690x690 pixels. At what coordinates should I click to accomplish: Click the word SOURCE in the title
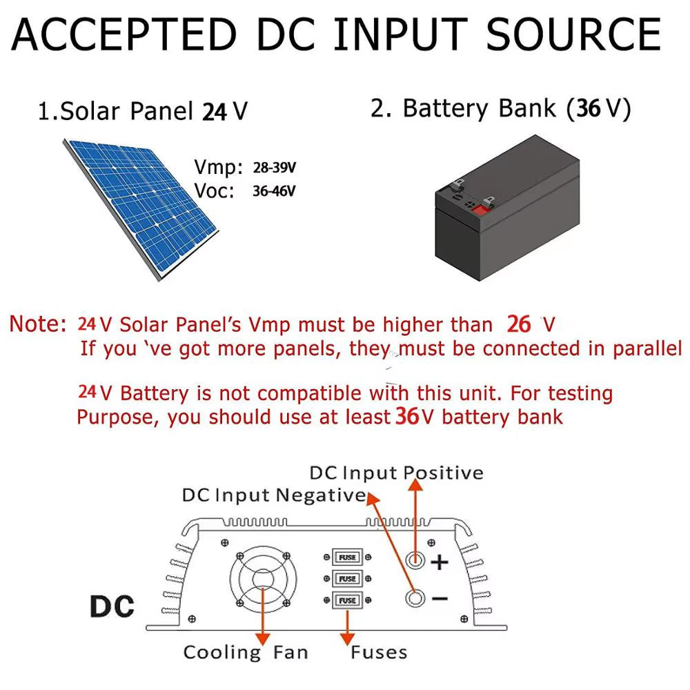[574, 34]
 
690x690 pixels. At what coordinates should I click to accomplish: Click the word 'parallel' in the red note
[647, 348]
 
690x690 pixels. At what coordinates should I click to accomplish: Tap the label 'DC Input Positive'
[396, 473]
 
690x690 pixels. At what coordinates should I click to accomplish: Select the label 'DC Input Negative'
[273, 495]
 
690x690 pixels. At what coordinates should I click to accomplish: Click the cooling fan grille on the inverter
[263, 580]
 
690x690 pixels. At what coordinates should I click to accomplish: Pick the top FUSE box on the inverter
[348, 557]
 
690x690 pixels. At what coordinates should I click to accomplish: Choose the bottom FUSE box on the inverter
[348, 600]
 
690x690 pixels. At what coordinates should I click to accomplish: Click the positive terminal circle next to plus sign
[415, 560]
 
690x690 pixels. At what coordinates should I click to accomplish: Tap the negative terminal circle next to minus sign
[415, 598]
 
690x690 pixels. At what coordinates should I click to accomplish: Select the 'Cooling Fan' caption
[246, 652]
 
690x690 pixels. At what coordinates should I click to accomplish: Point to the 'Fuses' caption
[379, 652]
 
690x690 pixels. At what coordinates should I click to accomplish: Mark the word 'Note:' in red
[38, 324]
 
